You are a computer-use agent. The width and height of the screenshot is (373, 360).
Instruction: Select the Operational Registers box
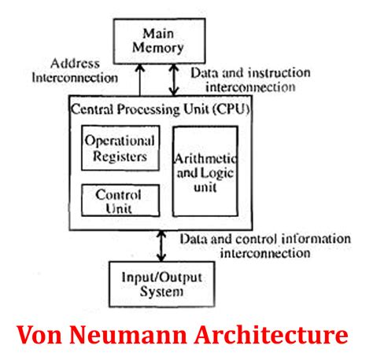[x=120, y=149]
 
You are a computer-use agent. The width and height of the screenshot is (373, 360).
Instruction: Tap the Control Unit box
[x=120, y=200]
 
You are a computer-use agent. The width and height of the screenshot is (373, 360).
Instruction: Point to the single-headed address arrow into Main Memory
[x=139, y=79]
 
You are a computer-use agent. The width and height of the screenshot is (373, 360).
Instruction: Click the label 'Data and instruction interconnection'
[x=249, y=79]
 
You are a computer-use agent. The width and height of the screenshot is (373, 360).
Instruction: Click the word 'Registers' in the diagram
[x=120, y=156]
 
